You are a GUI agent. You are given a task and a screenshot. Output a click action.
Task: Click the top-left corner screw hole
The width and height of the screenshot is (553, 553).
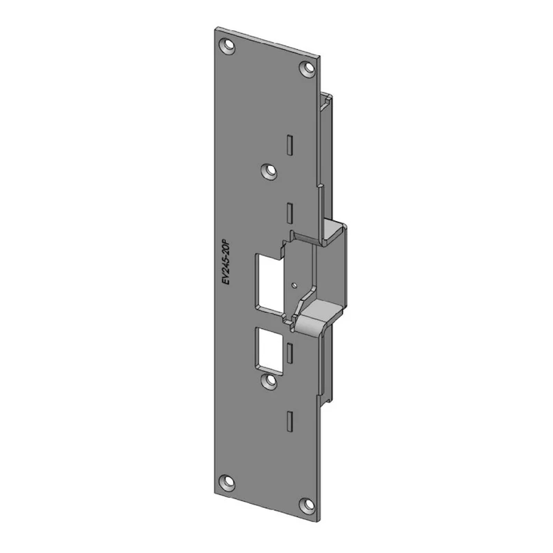click(x=227, y=46)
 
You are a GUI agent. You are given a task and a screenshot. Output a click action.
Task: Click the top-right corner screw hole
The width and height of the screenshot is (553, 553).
click(x=308, y=67)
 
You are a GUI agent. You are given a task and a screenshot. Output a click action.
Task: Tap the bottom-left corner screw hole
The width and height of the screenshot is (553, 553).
click(x=227, y=482)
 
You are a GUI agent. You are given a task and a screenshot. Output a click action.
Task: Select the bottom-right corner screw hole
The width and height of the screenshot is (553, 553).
click(x=308, y=505)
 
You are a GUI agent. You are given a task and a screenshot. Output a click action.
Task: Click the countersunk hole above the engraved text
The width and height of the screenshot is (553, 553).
click(x=269, y=171)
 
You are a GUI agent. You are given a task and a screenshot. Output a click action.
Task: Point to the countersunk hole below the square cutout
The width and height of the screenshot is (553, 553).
click(x=269, y=382)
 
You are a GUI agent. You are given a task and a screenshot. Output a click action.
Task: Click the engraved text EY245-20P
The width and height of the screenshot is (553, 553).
click(x=226, y=263)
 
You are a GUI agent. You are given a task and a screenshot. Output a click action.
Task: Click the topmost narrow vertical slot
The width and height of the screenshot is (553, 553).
click(x=290, y=144)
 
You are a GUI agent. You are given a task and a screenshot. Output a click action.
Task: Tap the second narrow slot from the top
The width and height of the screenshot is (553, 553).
click(x=290, y=213)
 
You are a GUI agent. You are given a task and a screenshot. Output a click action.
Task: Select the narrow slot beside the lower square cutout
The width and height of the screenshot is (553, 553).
click(x=290, y=353)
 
